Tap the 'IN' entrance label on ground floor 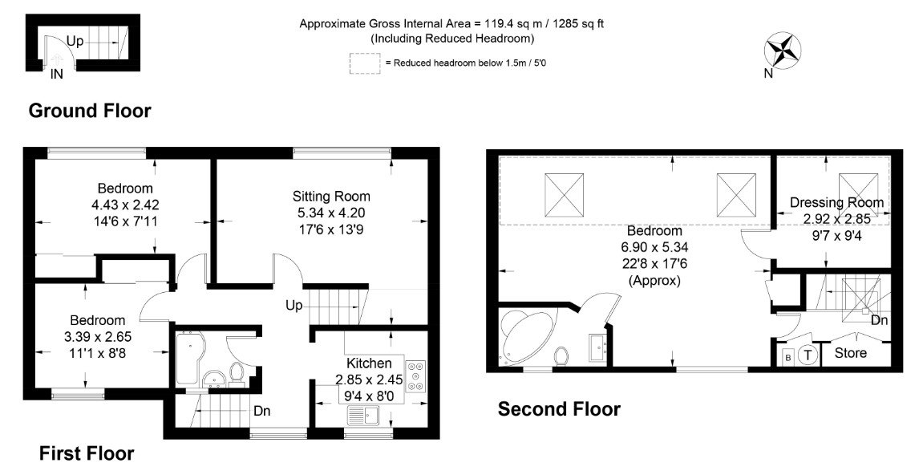(x=57, y=75)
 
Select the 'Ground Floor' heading (x=90, y=111)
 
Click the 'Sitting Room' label (x=331, y=197)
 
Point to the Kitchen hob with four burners (x=415, y=375)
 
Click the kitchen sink (x=366, y=415)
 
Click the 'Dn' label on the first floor (x=262, y=411)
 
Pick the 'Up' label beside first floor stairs (x=293, y=306)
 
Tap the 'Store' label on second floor (x=851, y=353)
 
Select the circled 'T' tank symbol (x=808, y=355)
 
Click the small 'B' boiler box (x=787, y=356)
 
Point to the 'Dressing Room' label (x=836, y=203)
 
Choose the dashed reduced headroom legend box (x=365, y=63)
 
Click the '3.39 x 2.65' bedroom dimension (x=98, y=336)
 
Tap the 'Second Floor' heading (x=559, y=409)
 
